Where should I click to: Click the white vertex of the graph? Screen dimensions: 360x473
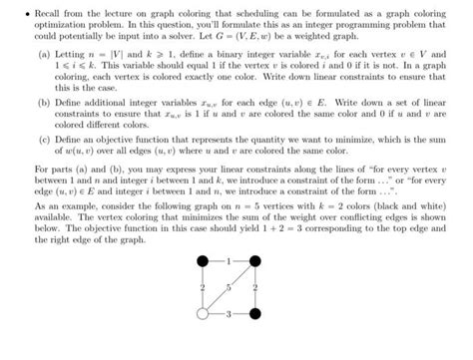tap(204, 341)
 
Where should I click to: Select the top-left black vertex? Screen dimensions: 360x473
tap(204, 289)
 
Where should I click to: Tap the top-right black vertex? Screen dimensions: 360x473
tap(254, 289)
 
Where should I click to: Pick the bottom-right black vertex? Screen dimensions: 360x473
tap(254, 341)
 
